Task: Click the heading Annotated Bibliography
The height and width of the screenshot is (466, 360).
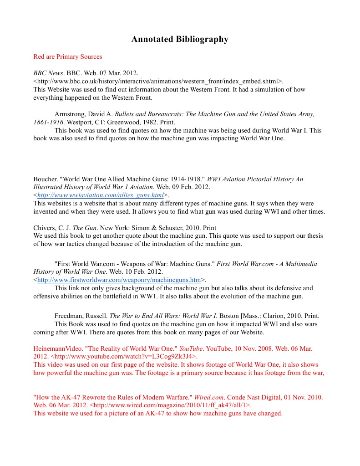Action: pos(180,39)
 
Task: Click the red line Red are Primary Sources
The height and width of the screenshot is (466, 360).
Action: pos(68,57)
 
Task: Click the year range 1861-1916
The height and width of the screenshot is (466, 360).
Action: pos(48,122)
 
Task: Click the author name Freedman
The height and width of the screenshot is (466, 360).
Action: pos(69,316)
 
